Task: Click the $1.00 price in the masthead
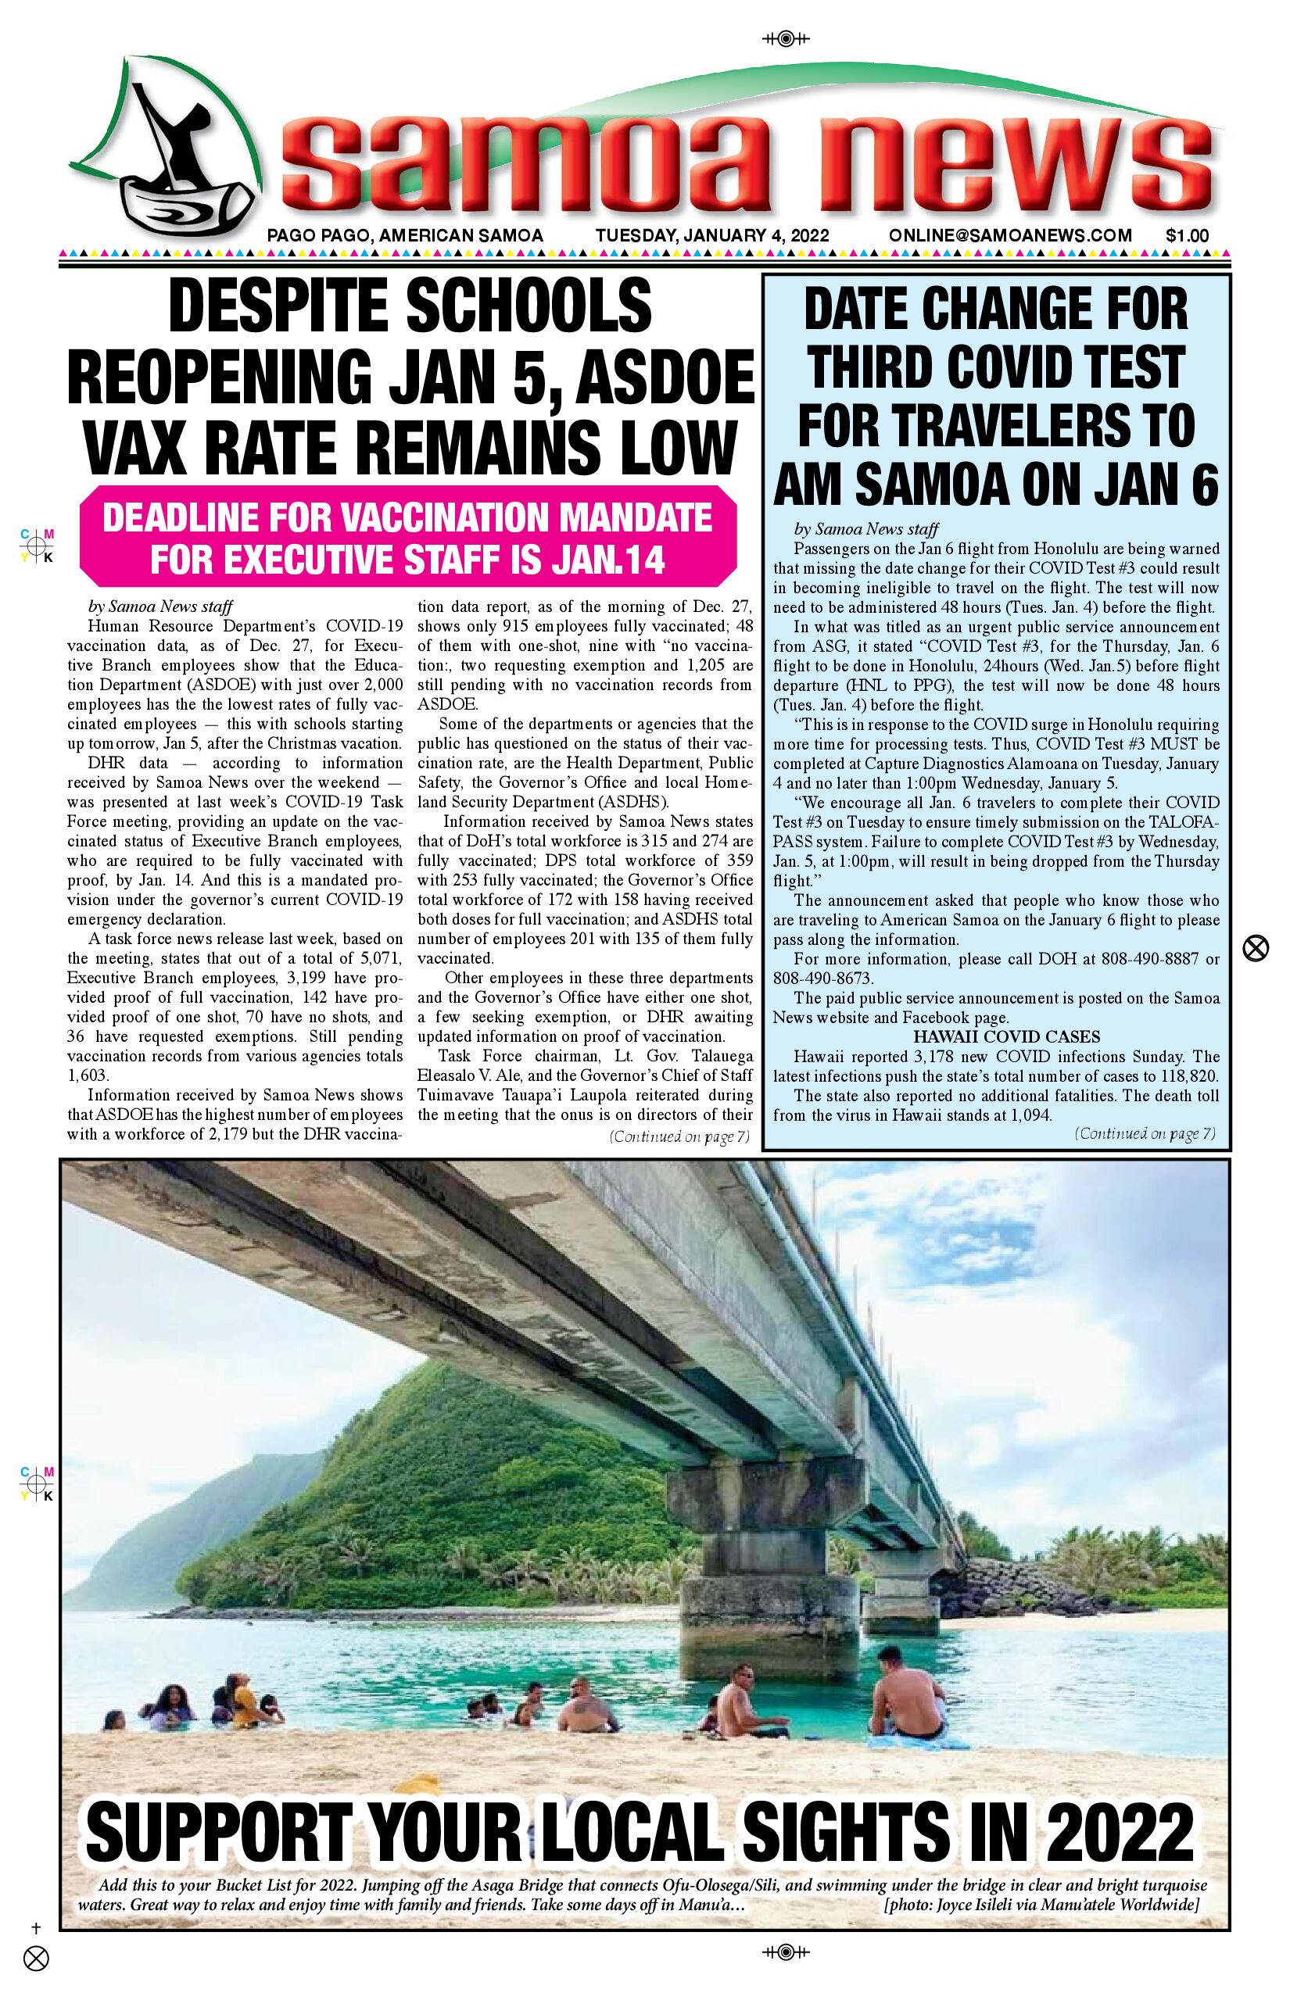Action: (1187, 236)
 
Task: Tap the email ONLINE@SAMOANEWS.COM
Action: (1010, 236)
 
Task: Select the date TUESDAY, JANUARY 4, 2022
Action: (712, 236)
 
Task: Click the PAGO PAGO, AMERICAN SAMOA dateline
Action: (405, 236)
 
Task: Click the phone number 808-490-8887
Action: (1147, 959)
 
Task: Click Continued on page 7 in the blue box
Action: (1145, 1134)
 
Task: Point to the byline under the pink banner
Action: (160, 606)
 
